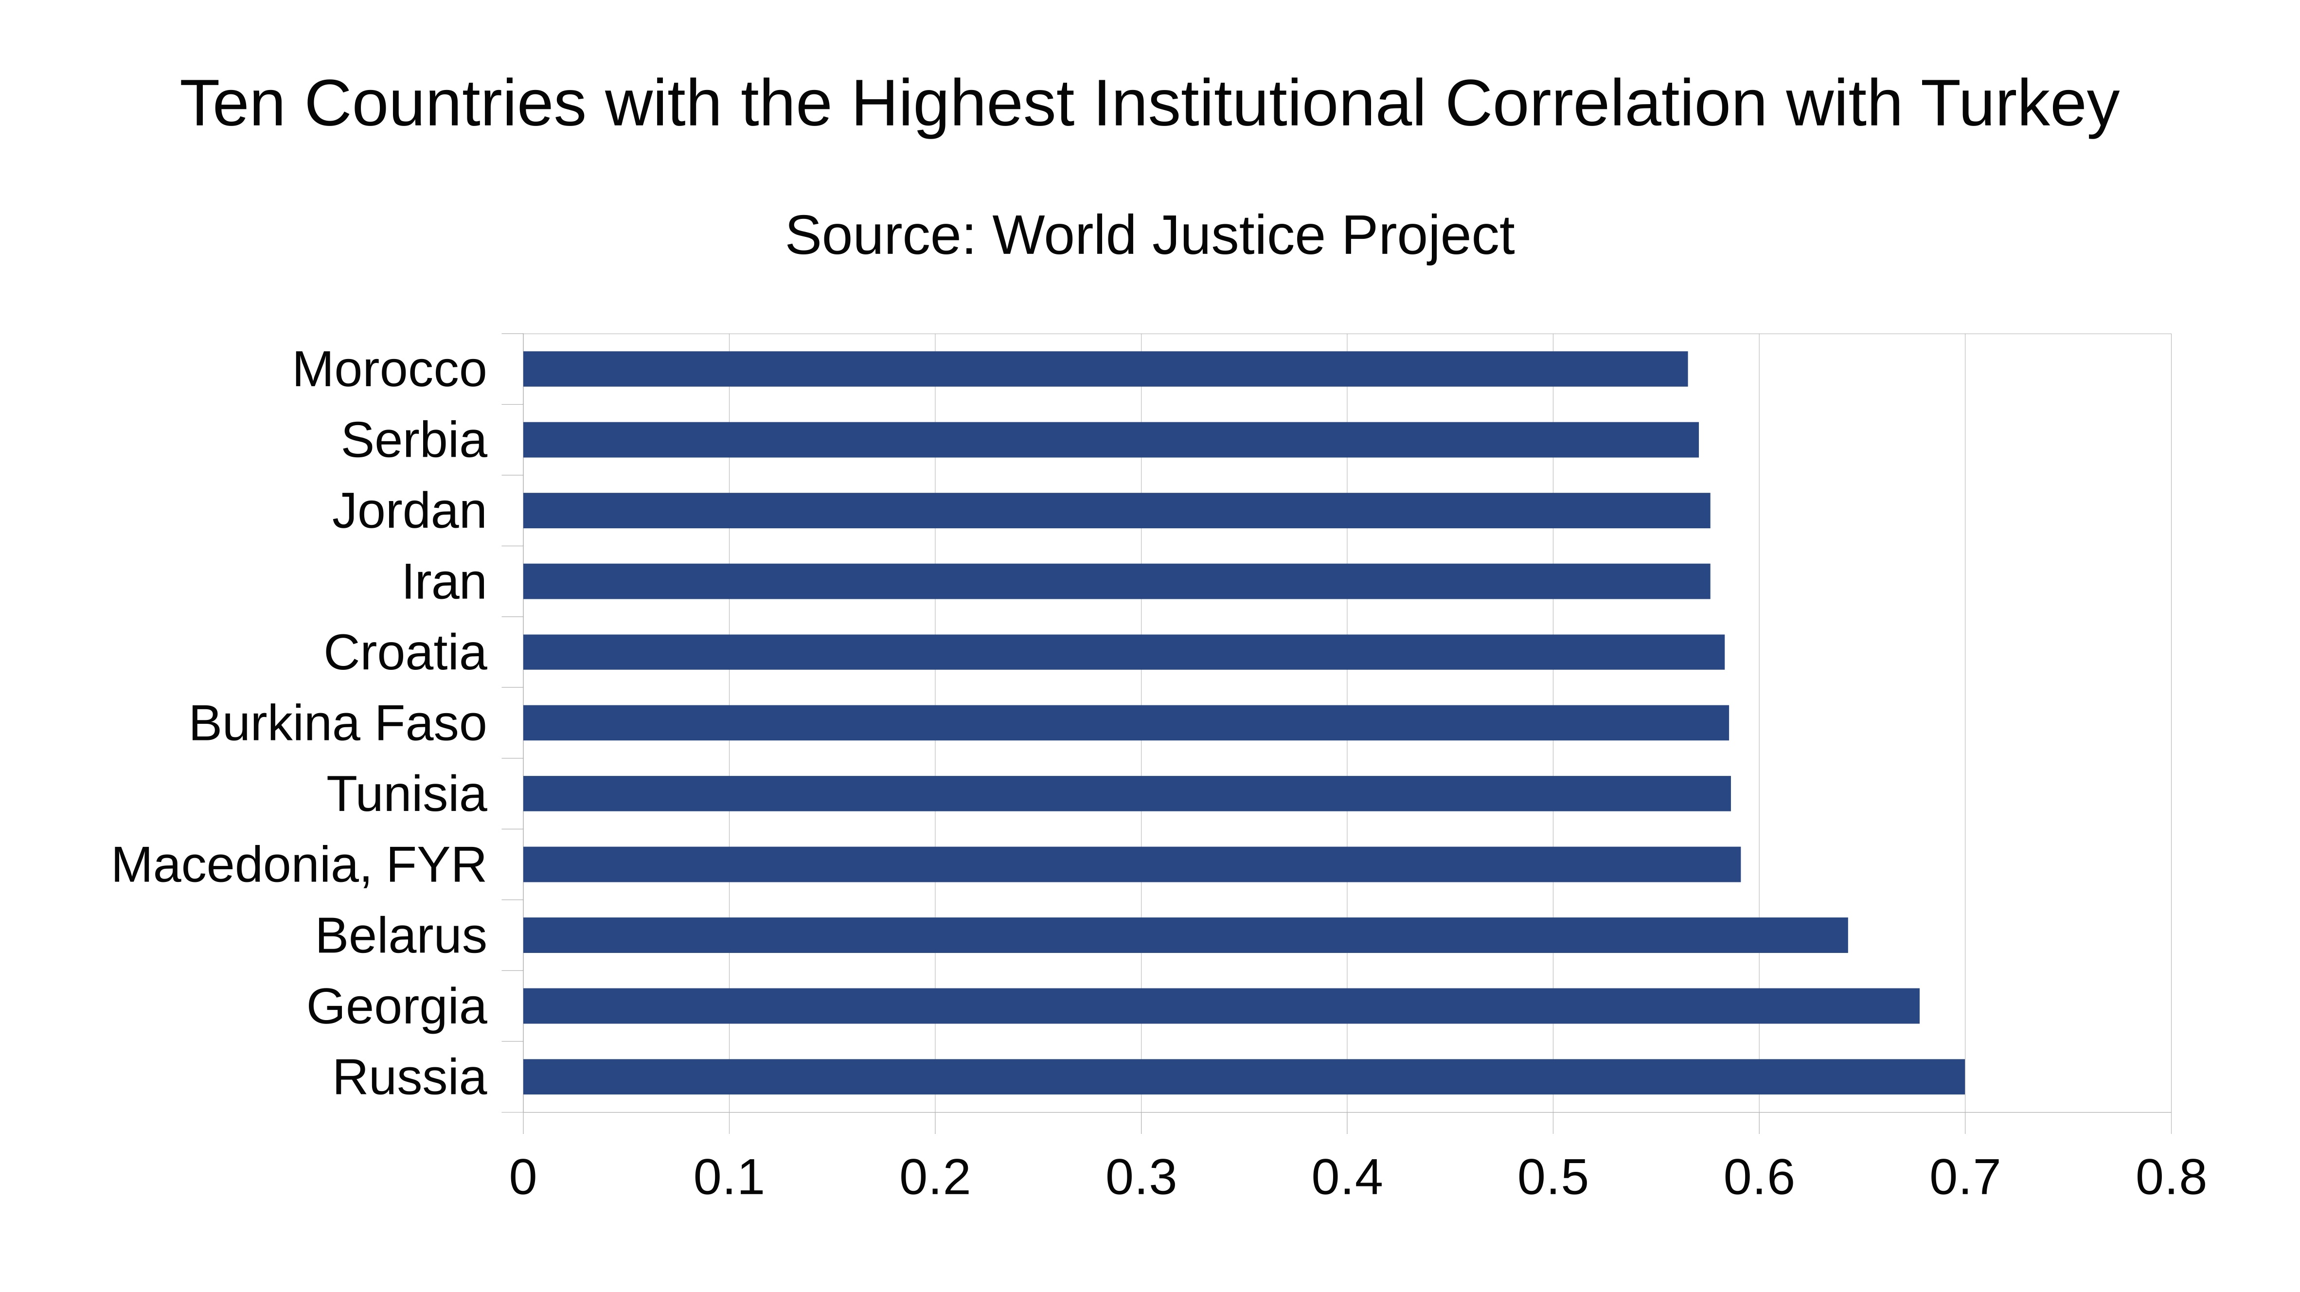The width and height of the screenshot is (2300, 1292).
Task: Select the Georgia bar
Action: click(1221, 1006)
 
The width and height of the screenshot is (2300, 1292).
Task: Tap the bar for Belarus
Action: click(1185, 935)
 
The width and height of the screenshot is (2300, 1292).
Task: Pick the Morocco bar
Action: click(1105, 369)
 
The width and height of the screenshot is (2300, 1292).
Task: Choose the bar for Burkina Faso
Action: click(1125, 722)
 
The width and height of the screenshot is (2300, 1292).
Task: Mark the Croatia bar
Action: click(1123, 652)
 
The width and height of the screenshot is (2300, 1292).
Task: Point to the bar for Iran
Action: click(1116, 581)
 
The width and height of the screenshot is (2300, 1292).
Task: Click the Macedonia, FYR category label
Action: click(299, 865)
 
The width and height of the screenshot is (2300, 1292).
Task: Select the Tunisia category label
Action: click(407, 795)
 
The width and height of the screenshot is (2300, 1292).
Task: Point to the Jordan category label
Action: click(410, 512)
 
